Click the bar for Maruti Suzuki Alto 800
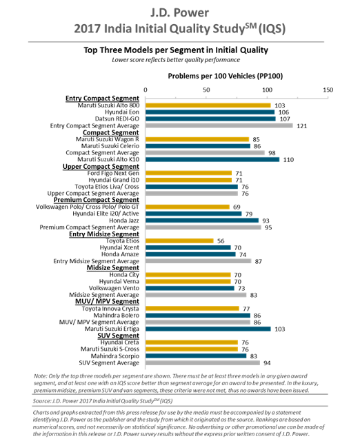208,105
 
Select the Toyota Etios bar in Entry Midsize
179,240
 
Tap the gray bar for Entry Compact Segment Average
219,125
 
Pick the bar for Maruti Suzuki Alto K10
212,159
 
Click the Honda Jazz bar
202,220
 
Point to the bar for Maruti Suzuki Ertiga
208,329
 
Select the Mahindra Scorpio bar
196,356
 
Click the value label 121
302,126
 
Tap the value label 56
221,241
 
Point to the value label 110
288,160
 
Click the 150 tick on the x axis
328,90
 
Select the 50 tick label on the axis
206,90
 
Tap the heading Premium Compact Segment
97,200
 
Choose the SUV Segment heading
118,336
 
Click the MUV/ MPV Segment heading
107,302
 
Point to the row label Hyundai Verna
119,282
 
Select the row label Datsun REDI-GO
117,119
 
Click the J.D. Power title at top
179,13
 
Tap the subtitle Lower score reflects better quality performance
176,60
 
